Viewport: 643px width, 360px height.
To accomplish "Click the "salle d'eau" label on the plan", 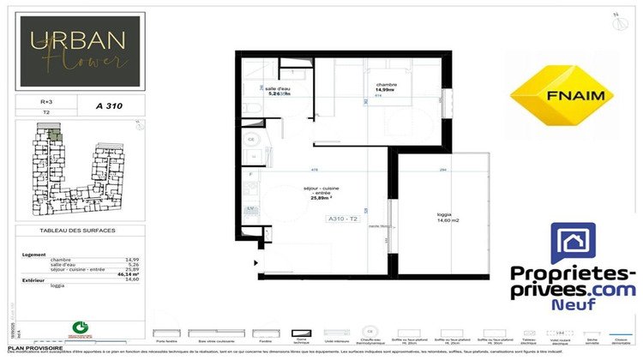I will pos(276,89).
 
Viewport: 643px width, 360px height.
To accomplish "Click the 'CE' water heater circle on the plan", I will pos(251,139).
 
